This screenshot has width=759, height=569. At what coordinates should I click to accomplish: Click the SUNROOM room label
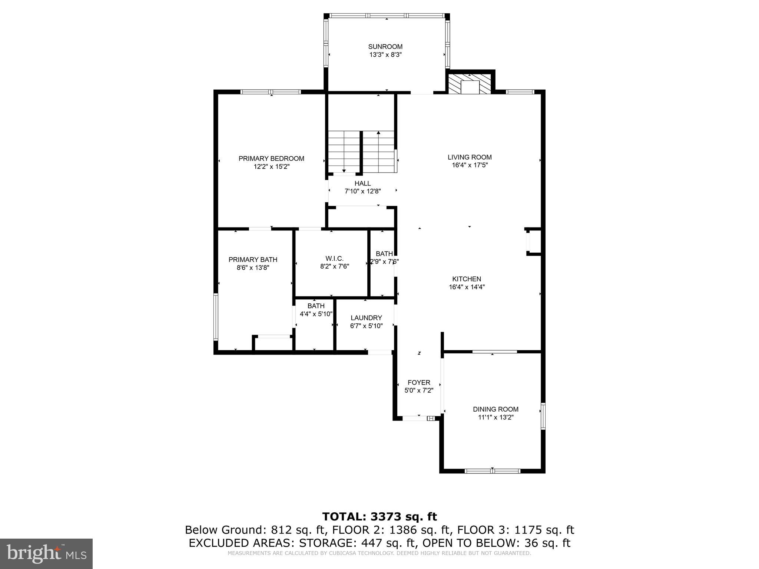click(x=385, y=47)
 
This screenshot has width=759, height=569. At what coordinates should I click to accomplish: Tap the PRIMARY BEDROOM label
click(x=271, y=159)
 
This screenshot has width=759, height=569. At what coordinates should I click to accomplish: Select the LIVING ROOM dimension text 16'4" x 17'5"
click(x=470, y=165)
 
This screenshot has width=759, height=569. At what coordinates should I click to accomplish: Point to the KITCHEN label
click(x=467, y=279)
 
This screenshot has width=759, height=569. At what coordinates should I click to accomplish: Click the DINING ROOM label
click(x=495, y=409)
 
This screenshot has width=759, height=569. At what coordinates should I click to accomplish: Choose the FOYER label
click(x=419, y=383)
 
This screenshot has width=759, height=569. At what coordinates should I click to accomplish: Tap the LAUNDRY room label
click(x=366, y=318)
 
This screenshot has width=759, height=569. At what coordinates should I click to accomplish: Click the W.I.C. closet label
click(x=334, y=258)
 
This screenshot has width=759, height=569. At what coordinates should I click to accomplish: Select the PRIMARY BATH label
click(x=253, y=260)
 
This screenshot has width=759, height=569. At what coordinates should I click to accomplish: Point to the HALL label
click(x=362, y=183)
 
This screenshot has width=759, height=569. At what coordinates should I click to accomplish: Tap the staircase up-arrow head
click(x=378, y=132)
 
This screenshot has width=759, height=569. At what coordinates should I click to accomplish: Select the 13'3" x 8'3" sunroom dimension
click(x=385, y=55)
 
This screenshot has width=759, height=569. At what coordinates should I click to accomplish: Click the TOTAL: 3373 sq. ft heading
click(x=379, y=516)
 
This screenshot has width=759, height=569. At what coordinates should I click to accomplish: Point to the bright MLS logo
click(x=46, y=554)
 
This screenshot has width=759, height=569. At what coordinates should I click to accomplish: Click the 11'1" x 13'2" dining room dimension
click(x=495, y=417)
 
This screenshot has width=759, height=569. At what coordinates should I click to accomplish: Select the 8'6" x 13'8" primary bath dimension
click(x=253, y=268)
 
